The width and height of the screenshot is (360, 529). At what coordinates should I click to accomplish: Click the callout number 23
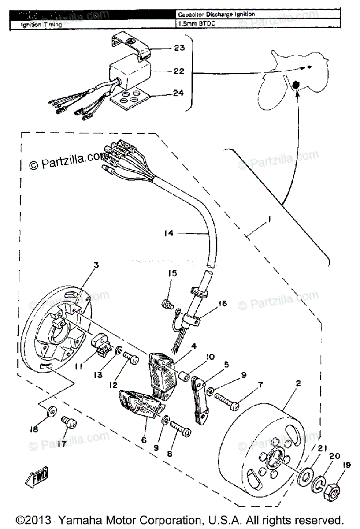179,48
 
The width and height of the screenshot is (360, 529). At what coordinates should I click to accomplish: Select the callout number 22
179,71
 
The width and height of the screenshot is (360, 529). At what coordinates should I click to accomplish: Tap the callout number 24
179,93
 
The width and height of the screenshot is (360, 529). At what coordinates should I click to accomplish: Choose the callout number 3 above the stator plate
96,265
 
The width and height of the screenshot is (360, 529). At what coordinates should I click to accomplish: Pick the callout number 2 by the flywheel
298,384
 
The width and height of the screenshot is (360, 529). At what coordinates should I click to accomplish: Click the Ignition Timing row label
41,25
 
